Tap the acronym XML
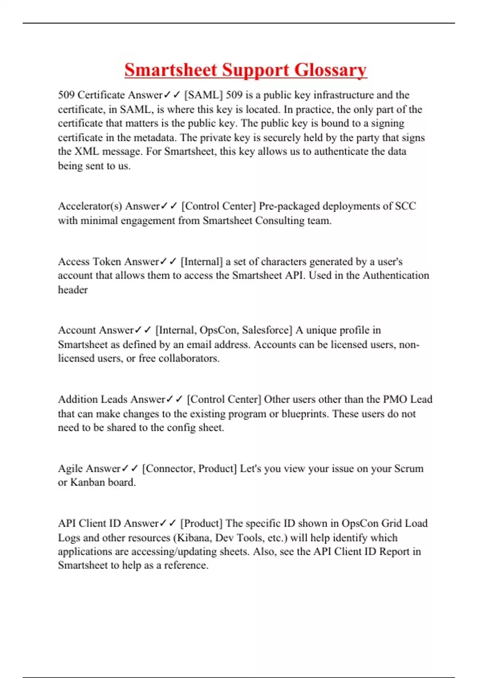(86, 152)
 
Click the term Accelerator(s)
(90, 206)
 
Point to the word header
(72, 290)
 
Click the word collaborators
(189, 359)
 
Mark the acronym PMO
(395, 400)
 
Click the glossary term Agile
(70, 469)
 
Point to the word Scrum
(409, 469)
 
